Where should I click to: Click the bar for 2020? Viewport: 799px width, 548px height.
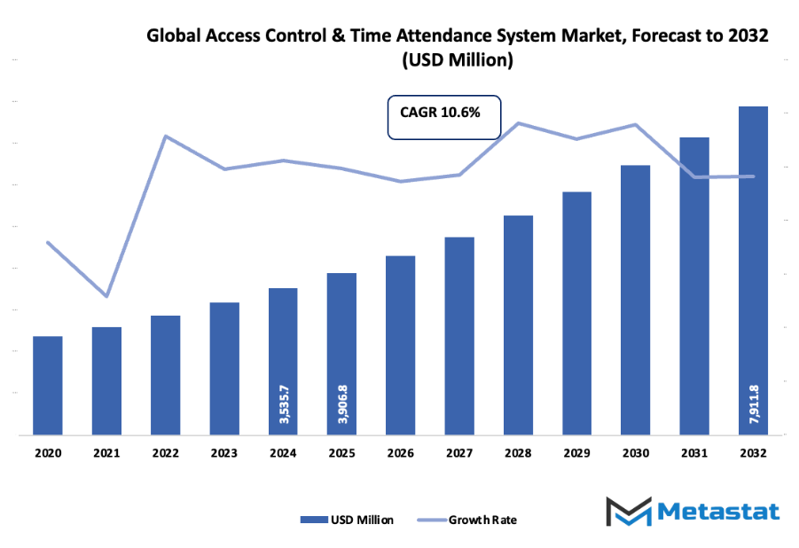[48, 386]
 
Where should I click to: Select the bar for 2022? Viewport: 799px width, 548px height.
[165, 375]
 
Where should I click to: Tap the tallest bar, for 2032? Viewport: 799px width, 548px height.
[753, 270]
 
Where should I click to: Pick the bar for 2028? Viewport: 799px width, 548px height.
[518, 325]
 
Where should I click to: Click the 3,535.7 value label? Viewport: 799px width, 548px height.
[283, 403]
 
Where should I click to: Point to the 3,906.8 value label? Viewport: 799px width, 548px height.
[341, 403]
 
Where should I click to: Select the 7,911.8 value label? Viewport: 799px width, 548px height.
[754, 403]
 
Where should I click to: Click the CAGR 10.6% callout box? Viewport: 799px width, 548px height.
[444, 117]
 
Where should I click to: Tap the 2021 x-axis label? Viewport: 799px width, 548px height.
[106, 452]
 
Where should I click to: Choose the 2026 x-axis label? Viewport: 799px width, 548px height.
[400, 452]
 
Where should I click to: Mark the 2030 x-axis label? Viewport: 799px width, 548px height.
[635, 452]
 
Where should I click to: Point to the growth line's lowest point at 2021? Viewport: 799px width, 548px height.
[106, 296]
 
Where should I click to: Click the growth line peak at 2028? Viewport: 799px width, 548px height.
[518, 123]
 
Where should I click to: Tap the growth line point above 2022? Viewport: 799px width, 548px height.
[165, 136]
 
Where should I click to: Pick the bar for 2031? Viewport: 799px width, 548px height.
[694, 286]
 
